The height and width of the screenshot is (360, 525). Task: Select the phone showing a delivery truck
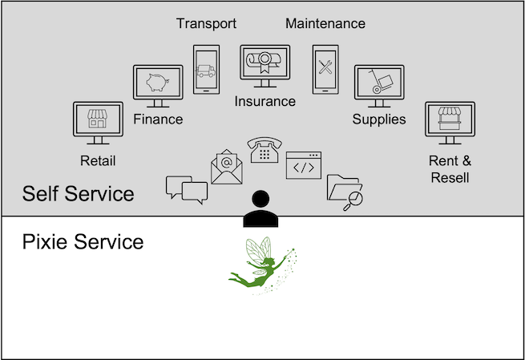point(206,69)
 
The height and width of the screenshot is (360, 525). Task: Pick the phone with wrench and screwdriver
point(325,69)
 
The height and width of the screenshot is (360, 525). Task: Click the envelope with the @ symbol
point(227,165)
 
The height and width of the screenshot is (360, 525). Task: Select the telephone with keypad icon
point(264,150)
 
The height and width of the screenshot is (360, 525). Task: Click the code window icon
point(303,165)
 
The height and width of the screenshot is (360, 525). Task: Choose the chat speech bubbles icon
point(186,188)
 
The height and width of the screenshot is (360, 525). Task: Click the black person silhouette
point(261,211)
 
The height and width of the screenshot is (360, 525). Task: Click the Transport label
point(207,23)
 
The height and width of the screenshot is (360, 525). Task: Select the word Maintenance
point(325,23)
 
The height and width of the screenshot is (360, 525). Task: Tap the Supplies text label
point(379,119)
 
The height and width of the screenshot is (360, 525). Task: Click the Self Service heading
point(79,194)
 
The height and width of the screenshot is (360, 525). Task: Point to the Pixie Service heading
point(83,241)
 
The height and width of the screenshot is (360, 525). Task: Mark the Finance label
point(158,119)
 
